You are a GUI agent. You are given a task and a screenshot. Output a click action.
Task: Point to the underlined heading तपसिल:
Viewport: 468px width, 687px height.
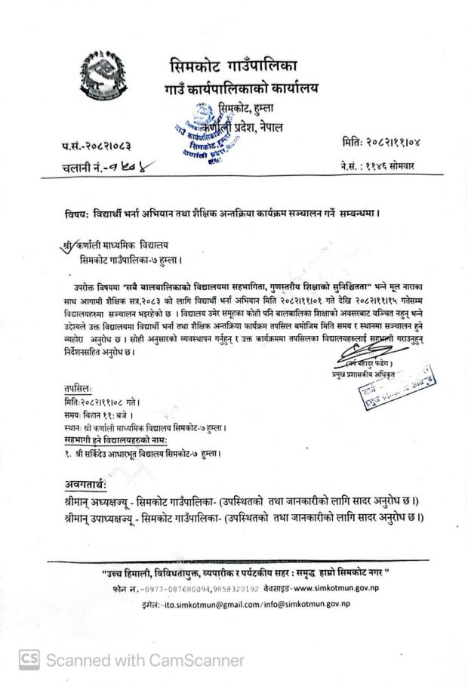click(x=79, y=391)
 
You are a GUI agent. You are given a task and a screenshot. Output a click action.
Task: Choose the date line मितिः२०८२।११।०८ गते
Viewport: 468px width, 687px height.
click(x=110, y=403)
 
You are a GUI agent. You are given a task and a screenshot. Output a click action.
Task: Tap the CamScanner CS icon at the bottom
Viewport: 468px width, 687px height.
click(x=28, y=661)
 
